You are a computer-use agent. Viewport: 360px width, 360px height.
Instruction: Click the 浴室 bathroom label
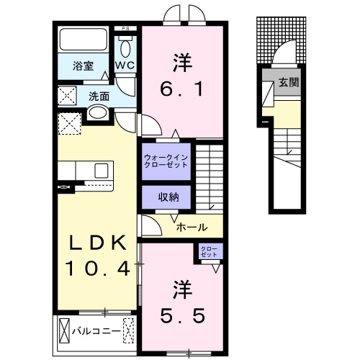(x=83, y=66)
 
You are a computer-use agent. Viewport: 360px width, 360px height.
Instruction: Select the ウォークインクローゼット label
(x=166, y=158)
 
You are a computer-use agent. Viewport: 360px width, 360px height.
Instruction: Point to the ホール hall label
(x=192, y=226)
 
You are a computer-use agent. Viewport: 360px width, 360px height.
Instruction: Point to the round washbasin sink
(x=96, y=113)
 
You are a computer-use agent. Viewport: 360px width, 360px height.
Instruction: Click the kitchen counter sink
(x=100, y=171)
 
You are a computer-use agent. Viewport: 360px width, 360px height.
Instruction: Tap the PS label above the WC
(x=127, y=30)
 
